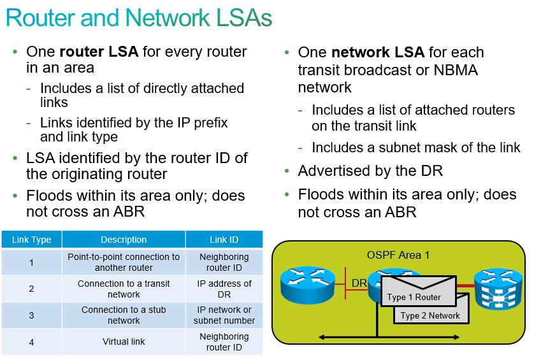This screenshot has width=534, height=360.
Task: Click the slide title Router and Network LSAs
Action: (x=139, y=18)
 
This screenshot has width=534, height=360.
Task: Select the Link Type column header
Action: (x=31, y=240)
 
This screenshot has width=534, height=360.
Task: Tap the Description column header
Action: (x=124, y=240)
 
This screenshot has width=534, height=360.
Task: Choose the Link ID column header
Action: (x=224, y=240)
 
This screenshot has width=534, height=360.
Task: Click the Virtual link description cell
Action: (x=124, y=342)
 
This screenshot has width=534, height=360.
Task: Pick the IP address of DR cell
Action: (x=224, y=289)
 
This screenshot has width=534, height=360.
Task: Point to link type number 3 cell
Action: (x=31, y=315)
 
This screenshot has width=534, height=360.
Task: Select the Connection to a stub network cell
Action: (x=124, y=315)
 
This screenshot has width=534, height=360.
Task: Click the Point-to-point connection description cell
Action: (x=124, y=262)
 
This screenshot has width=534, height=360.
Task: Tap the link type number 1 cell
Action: (x=31, y=262)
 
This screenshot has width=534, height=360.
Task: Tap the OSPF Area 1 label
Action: (x=398, y=255)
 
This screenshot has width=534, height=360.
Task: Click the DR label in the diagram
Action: (x=359, y=283)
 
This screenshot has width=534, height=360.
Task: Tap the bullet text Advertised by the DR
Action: (x=370, y=171)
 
